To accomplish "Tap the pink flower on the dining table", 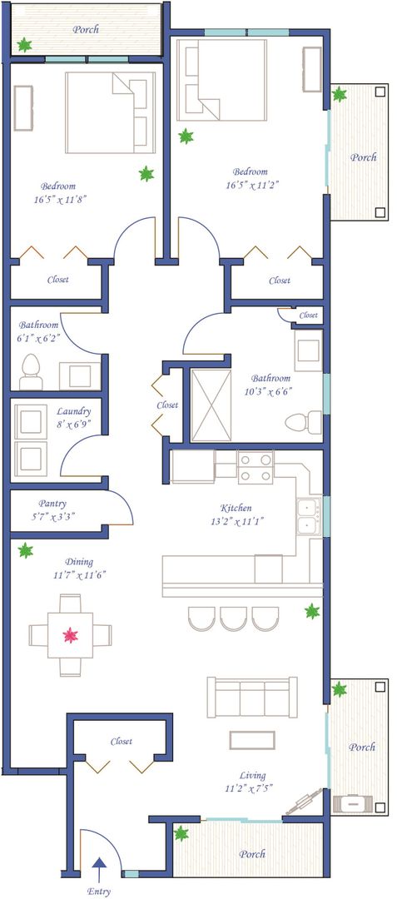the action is [71, 634].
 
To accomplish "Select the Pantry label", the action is [52, 504].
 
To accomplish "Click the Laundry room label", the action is [74, 411].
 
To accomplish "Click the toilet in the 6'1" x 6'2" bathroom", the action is [31, 372].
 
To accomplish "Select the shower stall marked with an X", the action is [211, 405].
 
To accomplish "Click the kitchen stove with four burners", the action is [256, 468].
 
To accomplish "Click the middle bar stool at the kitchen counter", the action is [233, 618].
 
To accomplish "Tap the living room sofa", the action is [252, 697].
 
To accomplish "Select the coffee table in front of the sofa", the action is [252, 740].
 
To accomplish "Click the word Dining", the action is [79, 562].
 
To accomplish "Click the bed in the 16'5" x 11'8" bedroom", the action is [111, 112].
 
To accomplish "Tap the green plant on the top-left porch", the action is [25, 44].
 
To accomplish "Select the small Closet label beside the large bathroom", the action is [308, 315].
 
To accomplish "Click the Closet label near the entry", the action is [122, 742].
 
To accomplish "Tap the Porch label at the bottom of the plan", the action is [252, 854].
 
